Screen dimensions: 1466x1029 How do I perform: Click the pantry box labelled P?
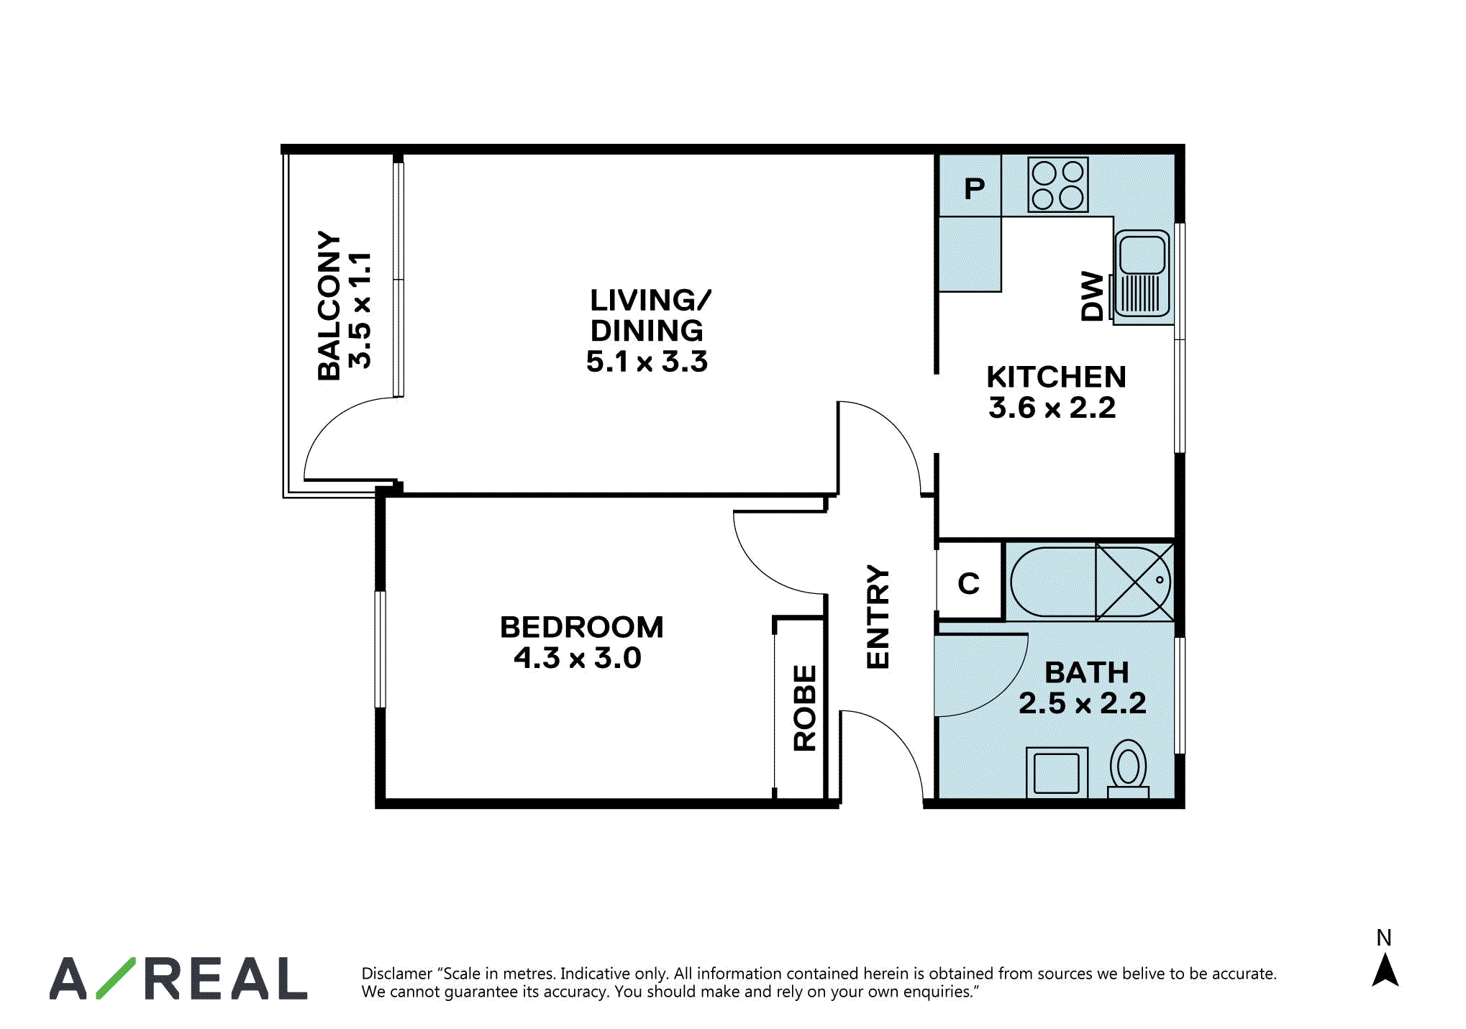point(970,186)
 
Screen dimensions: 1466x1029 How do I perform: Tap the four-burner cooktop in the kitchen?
point(1057,185)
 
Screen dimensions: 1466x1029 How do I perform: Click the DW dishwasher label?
point(1092,296)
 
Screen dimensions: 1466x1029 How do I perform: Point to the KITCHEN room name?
point(1056,377)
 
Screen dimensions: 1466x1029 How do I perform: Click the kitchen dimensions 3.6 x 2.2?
point(1052,408)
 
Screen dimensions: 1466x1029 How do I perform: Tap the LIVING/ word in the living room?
point(651,300)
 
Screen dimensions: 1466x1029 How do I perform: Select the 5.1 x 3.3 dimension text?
point(647,361)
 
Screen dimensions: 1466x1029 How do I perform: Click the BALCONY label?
point(329,306)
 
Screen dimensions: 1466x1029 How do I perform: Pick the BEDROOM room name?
point(582,627)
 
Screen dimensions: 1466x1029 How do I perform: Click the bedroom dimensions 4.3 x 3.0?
point(578,658)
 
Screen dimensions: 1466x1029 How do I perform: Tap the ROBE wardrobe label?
point(805,708)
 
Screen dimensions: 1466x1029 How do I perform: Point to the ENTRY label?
point(878,617)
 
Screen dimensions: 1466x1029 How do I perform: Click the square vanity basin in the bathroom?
point(1057,772)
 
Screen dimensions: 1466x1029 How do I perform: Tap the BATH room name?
point(1087,673)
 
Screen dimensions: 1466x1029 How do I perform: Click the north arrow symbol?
point(1385,970)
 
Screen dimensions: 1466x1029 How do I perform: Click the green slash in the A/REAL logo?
point(115,978)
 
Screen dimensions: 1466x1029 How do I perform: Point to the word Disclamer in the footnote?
point(396,974)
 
